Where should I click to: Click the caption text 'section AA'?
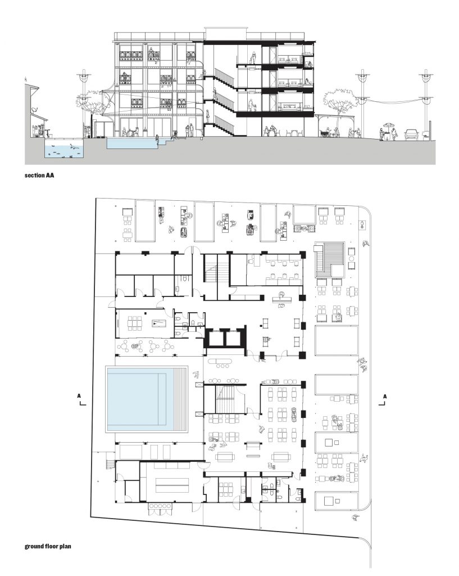[39, 175]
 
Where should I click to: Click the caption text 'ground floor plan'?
[48, 546]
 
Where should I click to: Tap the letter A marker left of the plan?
[79, 396]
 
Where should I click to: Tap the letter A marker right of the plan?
[384, 397]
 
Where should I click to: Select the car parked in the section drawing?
[412, 135]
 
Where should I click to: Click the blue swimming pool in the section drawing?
[133, 143]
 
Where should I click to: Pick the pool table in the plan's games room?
[159, 323]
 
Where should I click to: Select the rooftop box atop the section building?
[225, 33]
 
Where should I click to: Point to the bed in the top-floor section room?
[289, 60]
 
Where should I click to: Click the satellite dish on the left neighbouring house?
[34, 110]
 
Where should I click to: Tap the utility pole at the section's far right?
[426, 103]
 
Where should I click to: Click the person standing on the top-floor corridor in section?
[253, 57]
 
